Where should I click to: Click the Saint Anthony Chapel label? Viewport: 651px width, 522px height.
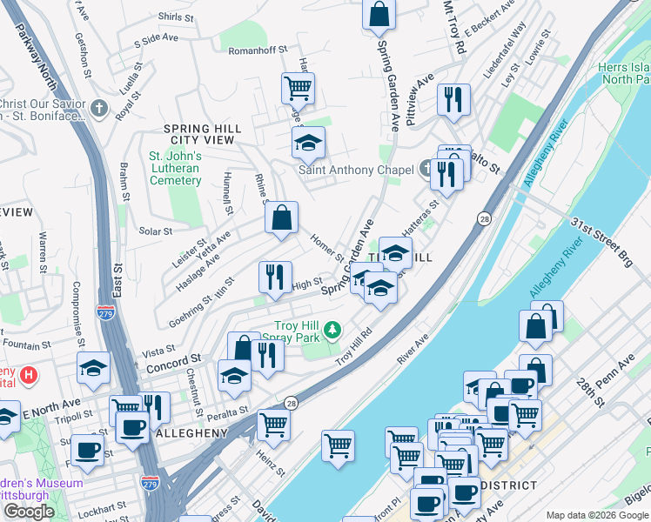coord(356,171)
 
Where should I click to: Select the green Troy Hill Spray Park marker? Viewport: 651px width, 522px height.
coord(332,330)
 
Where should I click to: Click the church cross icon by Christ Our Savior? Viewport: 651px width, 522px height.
coord(99,109)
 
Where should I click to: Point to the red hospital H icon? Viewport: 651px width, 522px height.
coord(30,376)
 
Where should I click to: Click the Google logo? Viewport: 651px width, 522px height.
coord(30,512)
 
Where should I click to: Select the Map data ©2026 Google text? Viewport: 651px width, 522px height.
coord(597,515)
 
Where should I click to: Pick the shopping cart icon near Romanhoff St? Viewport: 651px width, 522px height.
coord(298,87)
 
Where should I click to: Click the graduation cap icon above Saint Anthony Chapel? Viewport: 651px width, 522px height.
coord(307,142)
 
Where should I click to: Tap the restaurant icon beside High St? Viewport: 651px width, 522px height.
coord(275,277)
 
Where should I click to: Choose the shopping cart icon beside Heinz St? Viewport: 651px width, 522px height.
coord(273,425)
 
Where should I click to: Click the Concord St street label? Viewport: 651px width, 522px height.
coord(173,358)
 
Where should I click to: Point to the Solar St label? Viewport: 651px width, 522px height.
coord(156,231)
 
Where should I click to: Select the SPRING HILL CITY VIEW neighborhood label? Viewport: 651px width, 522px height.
coord(202,134)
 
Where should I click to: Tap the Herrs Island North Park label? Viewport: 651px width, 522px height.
coord(623,73)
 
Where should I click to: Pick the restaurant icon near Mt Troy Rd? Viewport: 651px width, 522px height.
coord(453,99)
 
